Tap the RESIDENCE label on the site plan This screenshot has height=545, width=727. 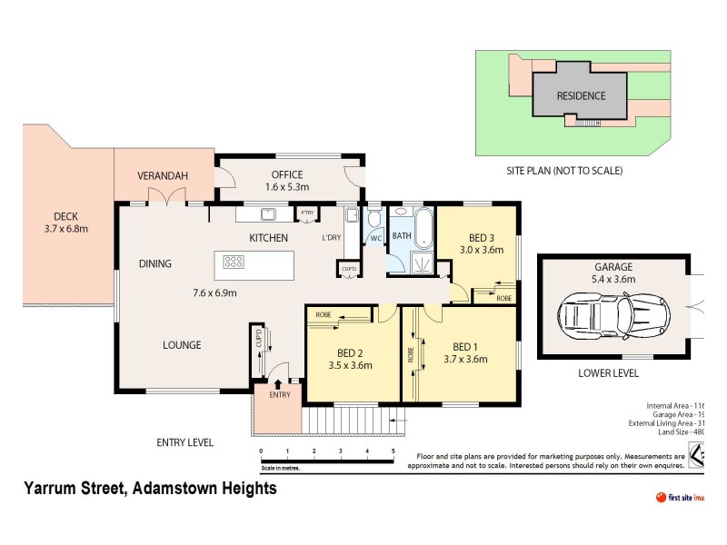[x=581, y=95]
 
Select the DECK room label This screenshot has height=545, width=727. [x=65, y=216]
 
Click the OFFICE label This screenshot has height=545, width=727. [x=286, y=175]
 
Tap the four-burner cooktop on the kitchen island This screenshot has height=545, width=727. [x=234, y=263]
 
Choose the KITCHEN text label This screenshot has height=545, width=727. [x=269, y=238]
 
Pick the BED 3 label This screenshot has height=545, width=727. [x=481, y=237]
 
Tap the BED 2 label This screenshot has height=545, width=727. [x=350, y=353]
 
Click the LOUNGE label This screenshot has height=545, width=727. [x=182, y=345]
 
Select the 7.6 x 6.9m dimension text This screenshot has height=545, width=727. [x=214, y=293]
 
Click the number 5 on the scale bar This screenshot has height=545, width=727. [x=393, y=451]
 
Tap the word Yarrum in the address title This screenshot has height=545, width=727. [x=54, y=489]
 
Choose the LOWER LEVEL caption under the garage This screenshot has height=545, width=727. [x=608, y=373]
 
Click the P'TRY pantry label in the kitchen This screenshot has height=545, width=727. [x=308, y=213]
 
